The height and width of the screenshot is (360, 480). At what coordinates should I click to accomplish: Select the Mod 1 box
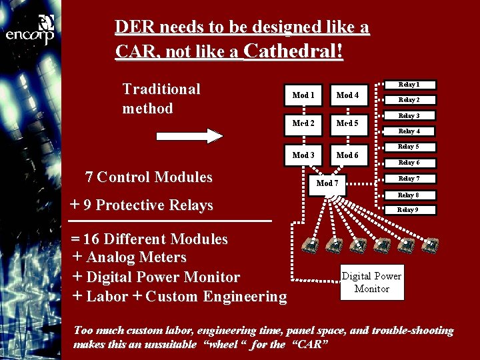(304, 95)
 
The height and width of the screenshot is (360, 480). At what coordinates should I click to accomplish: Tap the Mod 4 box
(347, 95)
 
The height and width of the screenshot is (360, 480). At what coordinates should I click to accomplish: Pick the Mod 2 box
(304, 123)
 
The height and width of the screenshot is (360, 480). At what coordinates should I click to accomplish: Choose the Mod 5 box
(347, 123)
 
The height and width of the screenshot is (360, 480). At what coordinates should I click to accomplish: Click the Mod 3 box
(304, 155)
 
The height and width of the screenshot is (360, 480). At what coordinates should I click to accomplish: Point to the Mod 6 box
(347, 155)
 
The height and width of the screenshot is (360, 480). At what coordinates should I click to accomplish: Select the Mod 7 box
(327, 183)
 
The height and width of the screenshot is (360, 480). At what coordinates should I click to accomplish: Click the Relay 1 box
(409, 85)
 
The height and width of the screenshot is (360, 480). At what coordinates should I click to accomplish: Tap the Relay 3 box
(409, 116)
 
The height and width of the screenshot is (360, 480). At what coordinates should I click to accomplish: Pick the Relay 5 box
(409, 147)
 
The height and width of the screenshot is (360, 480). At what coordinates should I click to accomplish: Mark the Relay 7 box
(409, 179)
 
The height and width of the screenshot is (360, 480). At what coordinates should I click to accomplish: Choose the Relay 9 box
(409, 210)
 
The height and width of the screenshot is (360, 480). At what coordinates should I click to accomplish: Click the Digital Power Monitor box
(371, 282)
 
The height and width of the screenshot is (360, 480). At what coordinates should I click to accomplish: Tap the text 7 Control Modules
(149, 177)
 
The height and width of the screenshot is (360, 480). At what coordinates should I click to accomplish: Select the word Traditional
(161, 89)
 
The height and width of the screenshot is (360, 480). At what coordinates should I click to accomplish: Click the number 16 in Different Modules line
(91, 239)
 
